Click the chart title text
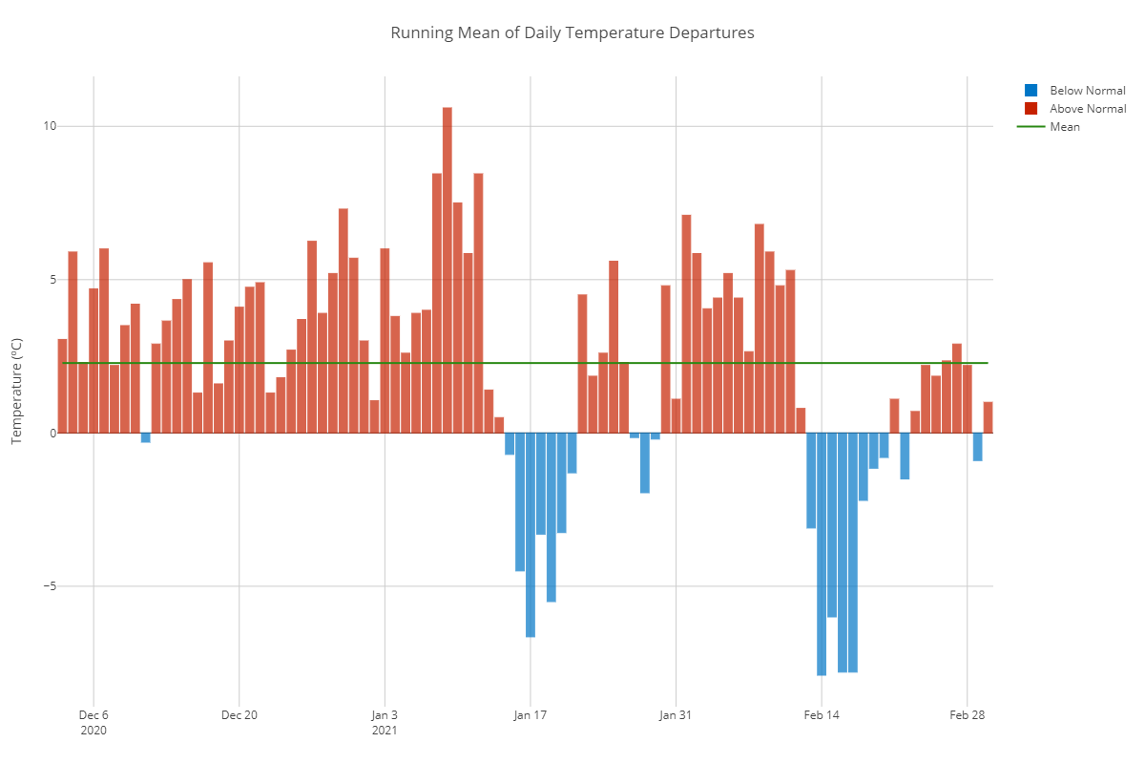tap(572, 33)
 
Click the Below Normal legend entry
tap(1087, 91)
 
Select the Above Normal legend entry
tap(1088, 109)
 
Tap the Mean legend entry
tap(1064, 127)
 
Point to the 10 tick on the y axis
tap(50, 126)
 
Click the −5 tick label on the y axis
tap(48, 586)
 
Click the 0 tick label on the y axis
tap(53, 433)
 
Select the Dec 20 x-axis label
tap(239, 714)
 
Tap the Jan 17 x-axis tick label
tap(530, 714)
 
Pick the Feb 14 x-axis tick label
tap(822, 714)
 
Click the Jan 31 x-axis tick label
tap(676, 714)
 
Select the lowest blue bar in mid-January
tap(531, 535)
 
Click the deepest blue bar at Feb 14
tap(821, 554)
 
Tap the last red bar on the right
tap(988, 417)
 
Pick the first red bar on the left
tap(62, 386)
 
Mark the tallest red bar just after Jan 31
tap(686, 324)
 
